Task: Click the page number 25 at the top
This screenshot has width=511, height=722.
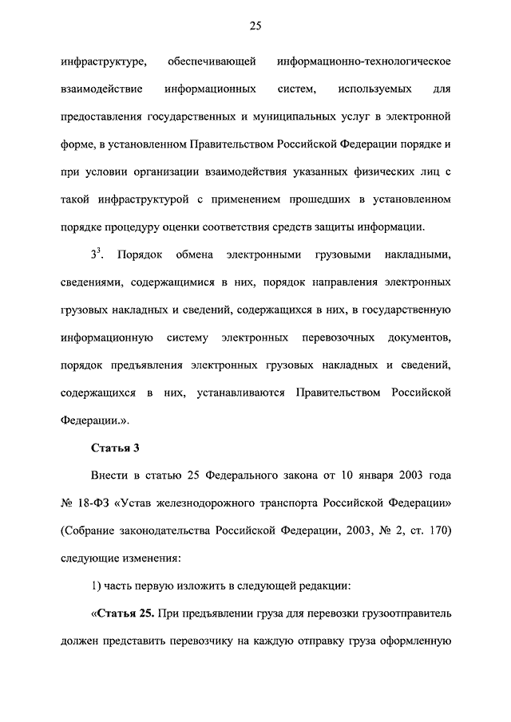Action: [x=255, y=26]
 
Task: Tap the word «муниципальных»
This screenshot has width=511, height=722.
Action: [x=298, y=116]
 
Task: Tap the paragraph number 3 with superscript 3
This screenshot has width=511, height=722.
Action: [x=95, y=254]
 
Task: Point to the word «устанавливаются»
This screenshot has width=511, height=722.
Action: [x=235, y=393]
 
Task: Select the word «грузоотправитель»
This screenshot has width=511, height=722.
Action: [x=406, y=614]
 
